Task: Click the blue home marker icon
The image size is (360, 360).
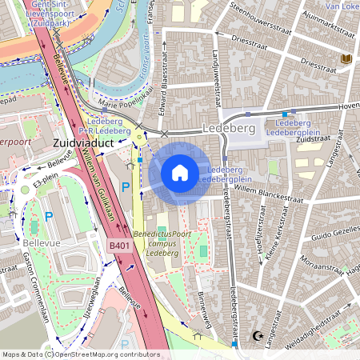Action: pos(180,172)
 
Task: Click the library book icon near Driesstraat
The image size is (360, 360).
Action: pos(346,59)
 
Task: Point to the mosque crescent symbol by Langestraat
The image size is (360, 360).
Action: pos(257,336)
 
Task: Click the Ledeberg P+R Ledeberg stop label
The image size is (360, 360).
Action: pos(108,126)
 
